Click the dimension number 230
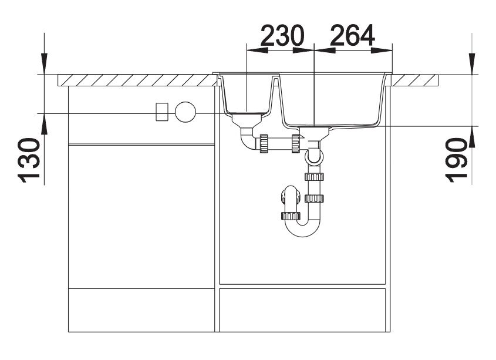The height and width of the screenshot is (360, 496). (282, 35)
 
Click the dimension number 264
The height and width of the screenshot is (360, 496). (352, 35)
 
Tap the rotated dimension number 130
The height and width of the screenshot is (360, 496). (29, 160)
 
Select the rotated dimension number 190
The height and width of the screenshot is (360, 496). (456, 160)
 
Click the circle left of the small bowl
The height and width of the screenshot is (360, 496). (185, 112)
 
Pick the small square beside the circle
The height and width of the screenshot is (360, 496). (162, 112)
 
